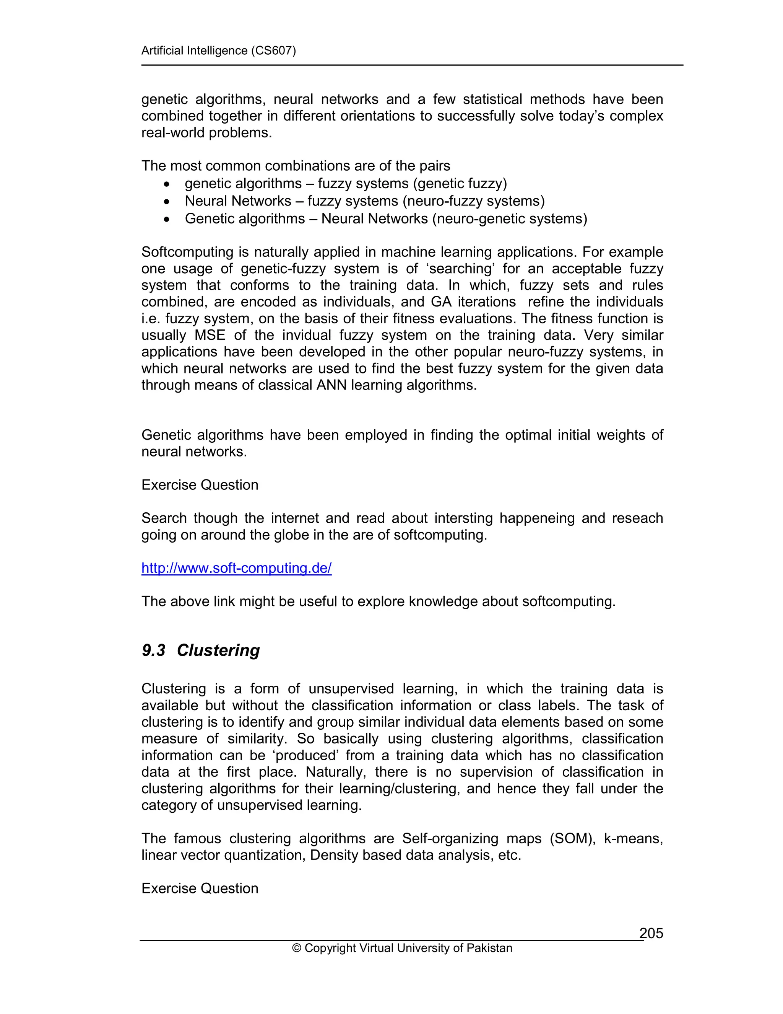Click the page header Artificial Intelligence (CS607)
coord(218,50)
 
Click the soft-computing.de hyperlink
coord(236,568)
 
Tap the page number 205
coord(651,933)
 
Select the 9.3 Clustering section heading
coord(200,650)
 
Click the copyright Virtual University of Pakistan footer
coord(402,948)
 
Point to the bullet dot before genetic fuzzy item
coord(167,184)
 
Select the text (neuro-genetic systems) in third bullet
coord(509,218)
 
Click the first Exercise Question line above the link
coord(200,485)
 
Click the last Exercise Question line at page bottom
coord(200,888)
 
